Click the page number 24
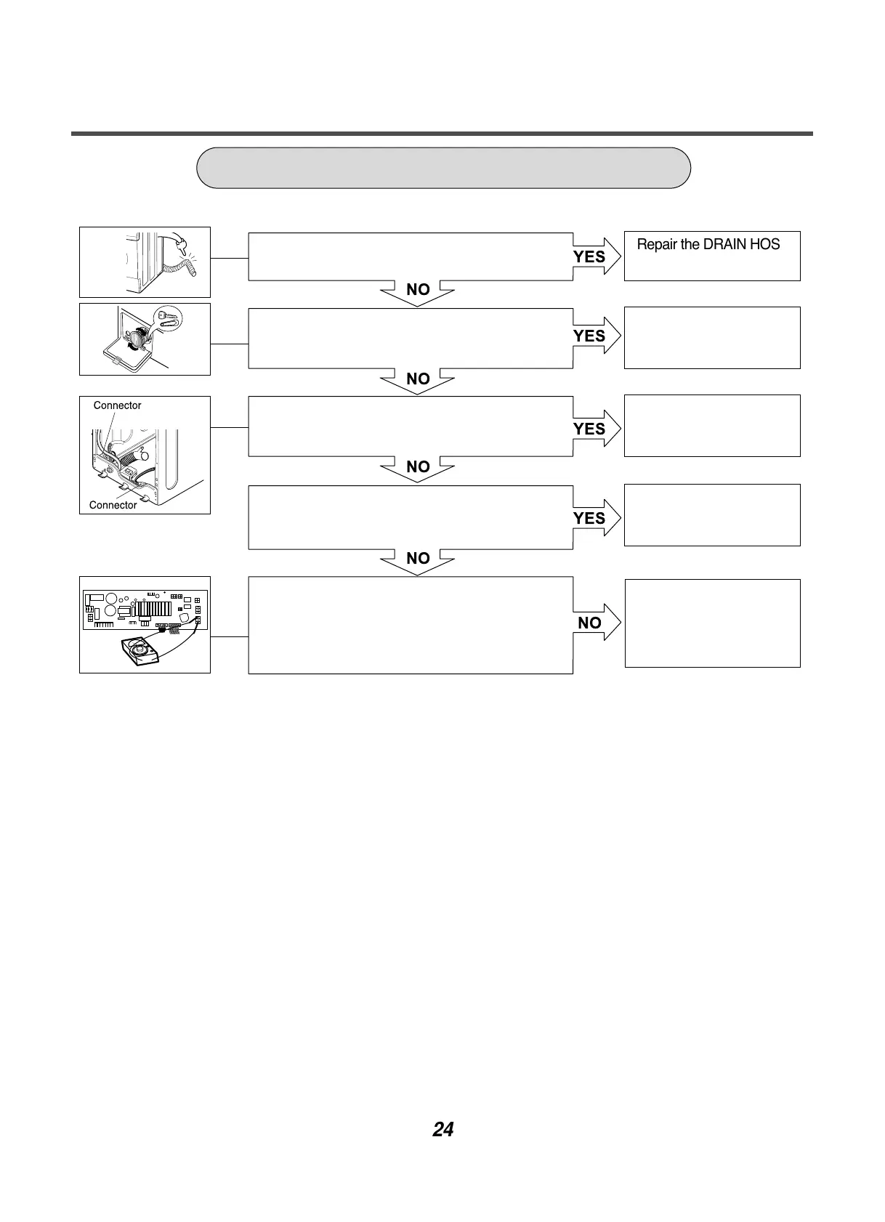click(442, 1130)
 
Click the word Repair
click(657, 245)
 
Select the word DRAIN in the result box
click(727, 245)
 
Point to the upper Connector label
click(117, 405)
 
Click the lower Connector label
click(113, 505)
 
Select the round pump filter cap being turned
click(136, 340)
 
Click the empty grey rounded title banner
click(443, 168)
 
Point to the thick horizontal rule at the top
click(442, 134)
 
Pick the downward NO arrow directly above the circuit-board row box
click(418, 560)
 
